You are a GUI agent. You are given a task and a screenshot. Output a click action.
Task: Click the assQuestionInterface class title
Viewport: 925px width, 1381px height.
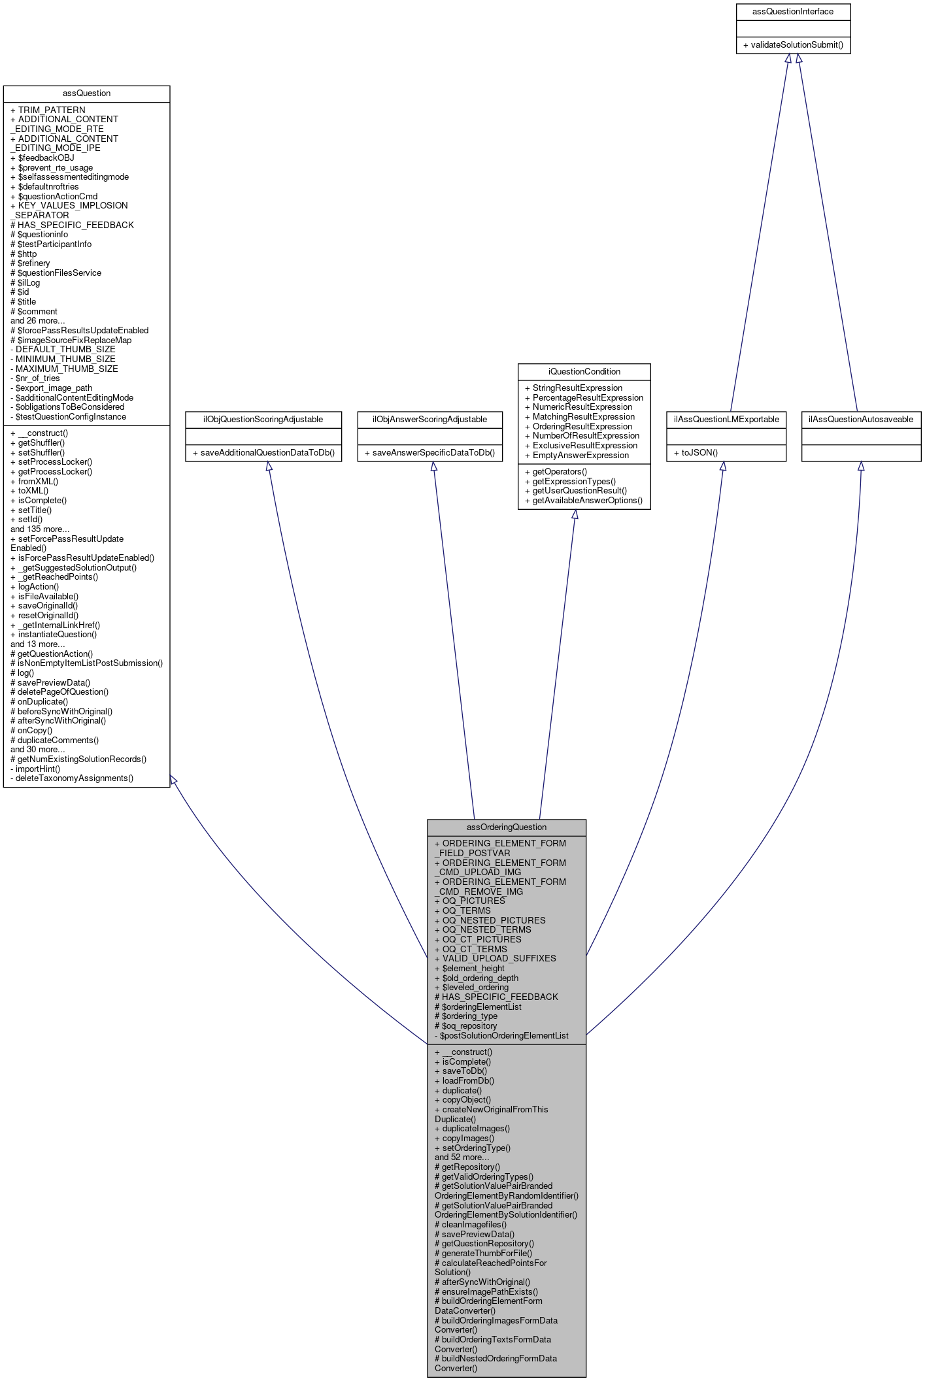click(792, 12)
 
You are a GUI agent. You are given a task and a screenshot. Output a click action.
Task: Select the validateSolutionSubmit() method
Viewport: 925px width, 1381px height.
click(793, 45)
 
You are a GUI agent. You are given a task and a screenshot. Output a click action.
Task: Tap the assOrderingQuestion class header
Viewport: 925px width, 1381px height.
click(506, 827)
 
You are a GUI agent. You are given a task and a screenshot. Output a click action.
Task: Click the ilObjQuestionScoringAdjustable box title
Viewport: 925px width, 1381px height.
click(264, 420)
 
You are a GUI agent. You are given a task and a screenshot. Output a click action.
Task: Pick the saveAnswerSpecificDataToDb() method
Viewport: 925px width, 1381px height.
click(429, 453)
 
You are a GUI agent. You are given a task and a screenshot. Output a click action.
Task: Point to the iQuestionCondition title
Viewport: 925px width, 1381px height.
click(584, 371)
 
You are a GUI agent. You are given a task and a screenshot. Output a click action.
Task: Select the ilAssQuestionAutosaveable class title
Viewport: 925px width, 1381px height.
click(860, 420)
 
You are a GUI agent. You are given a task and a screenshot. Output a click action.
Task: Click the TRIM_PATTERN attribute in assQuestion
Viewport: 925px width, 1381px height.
click(48, 110)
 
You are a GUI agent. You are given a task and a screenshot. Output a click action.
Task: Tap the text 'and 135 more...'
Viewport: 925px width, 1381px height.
click(40, 529)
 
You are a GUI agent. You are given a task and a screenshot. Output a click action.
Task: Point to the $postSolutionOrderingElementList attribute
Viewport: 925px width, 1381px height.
click(501, 1036)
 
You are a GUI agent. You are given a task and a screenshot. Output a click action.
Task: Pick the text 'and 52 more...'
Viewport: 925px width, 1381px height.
click(462, 1157)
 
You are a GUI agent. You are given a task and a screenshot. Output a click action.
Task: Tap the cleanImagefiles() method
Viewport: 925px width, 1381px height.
click(471, 1224)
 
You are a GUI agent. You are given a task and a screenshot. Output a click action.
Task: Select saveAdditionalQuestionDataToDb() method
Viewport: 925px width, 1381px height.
click(264, 453)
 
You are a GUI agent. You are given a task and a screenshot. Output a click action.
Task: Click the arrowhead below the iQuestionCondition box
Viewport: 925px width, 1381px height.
click(575, 515)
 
